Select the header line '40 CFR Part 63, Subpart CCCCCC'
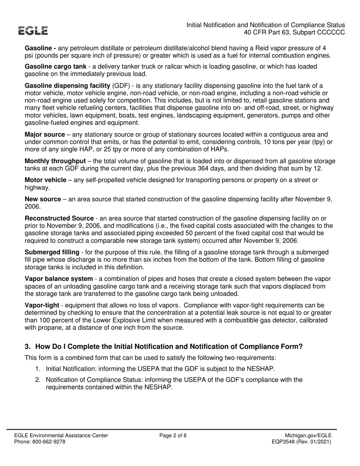[294, 33]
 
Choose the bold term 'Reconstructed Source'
[59, 218]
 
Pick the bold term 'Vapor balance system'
[59, 279]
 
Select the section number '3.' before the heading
[28, 346]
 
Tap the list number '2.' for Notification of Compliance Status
[38, 380]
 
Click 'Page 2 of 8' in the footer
[173, 436]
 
